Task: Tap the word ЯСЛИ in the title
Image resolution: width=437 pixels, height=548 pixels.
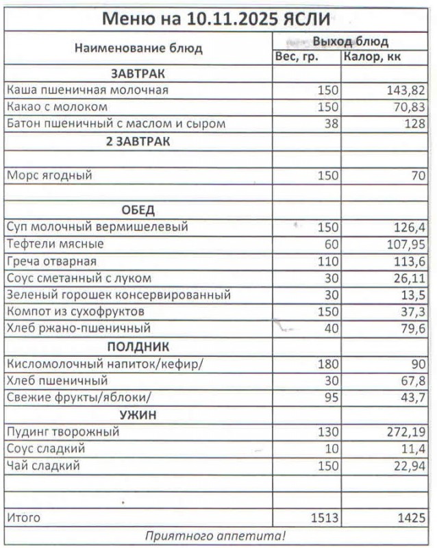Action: point(308,18)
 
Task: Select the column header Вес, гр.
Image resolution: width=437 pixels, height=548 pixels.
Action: point(297,57)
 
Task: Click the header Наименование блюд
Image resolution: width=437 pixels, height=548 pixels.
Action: point(138,48)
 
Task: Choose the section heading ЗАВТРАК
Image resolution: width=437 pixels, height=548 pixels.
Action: point(138,73)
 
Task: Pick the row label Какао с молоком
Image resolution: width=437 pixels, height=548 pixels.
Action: point(57,107)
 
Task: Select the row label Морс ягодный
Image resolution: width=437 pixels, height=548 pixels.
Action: point(49,175)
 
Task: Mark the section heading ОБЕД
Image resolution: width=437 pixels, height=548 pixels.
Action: point(138,210)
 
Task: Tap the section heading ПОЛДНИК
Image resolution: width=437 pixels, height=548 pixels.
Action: point(138,347)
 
